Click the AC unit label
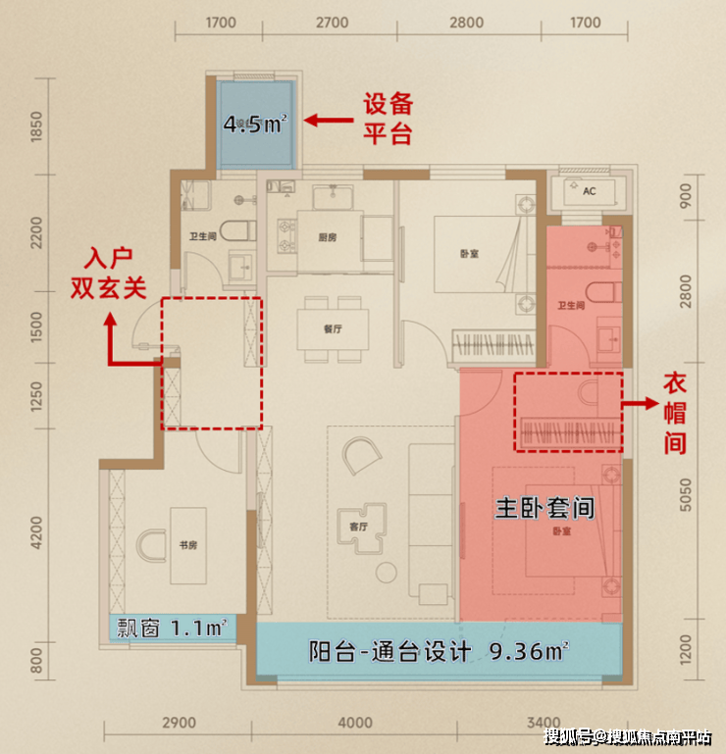(589, 191)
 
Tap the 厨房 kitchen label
(327, 237)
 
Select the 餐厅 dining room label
(333, 328)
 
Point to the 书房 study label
(188, 545)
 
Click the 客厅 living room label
(358, 527)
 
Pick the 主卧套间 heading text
(544, 508)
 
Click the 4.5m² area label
(255, 125)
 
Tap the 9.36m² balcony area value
(529, 652)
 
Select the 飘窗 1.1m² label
(172, 628)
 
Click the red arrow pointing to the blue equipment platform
(329, 120)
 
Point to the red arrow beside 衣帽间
(641, 403)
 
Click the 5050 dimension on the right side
(686, 495)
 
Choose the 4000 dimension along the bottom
(355, 723)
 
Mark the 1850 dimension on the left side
(36, 126)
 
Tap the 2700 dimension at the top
(332, 23)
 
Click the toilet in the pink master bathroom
(603, 292)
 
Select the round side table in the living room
(387, 573)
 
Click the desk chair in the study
(151, 546)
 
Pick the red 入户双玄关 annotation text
(108, 274)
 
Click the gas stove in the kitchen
(287, 235)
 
